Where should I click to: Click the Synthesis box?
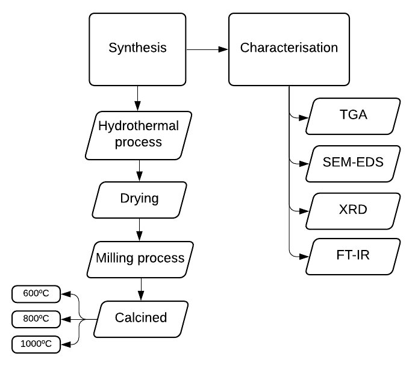pyautogui.click(x=138, y=49)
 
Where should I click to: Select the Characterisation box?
pyautogui.click(x=289, y=49)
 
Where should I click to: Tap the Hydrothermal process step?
pyautogui.click(x=139, y=134)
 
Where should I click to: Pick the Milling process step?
pyautogui.click(x=140, y=258)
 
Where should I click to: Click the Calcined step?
pyautogui.click(x=141, y=318)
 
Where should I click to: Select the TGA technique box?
pyautogui.click(x=353, y=116)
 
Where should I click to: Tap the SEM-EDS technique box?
pyautogui.click(x=353, y=163)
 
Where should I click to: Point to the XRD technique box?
pyautogui.click(x=353, y=211)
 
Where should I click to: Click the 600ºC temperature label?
pyautogui.click(x=37, y=295)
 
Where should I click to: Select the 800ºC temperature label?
pyautogui.click(x=37, y=318)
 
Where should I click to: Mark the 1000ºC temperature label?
pyautogui.click(x=37, y=344)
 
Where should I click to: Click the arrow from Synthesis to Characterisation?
pyautogui.click(x=208, y=49)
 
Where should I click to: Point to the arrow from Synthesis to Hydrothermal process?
pyautogui.click(x=139, y=98)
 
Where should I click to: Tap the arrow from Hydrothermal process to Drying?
pyautogui.click(x=139, y=169)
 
